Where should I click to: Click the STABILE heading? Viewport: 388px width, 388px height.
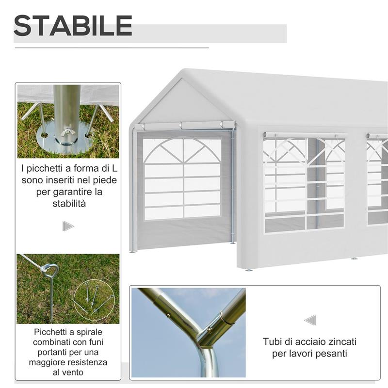point(73,26)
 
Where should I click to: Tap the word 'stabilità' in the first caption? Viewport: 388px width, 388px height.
point(69,204)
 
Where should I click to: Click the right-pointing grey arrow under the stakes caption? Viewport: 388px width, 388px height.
point(68,226)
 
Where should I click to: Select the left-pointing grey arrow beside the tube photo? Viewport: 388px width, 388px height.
point(310,320)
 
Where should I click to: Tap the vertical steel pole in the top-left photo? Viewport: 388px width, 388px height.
point(67,112)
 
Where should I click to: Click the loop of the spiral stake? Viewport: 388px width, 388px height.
point(50,269)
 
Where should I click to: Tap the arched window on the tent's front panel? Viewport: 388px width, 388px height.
point(182,178)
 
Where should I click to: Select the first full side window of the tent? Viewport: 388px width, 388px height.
point(304,183)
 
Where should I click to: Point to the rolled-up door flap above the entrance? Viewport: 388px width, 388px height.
point(184,126)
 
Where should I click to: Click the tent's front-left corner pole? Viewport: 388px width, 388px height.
point(133,189)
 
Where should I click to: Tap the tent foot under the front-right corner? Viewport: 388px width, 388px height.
point(249,270)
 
